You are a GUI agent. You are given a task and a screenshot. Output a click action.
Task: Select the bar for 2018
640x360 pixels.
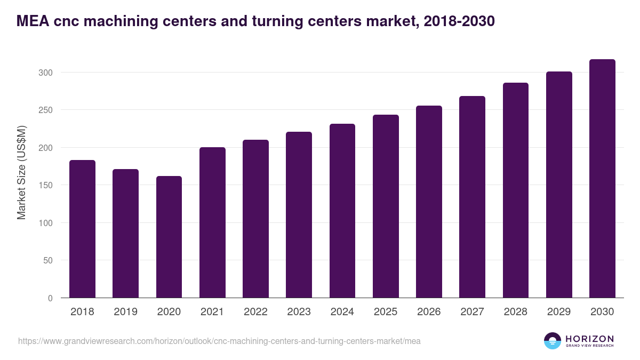click(x=82, y=229)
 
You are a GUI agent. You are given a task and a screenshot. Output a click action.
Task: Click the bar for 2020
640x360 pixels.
click(x=169, y=237)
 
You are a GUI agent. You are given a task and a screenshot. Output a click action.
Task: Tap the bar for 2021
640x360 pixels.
click(x=212, y=222)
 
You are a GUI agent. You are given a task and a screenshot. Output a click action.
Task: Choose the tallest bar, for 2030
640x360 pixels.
click(x=602, y=179)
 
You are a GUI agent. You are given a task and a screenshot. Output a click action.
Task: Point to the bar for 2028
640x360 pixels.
click(x=516, y=190)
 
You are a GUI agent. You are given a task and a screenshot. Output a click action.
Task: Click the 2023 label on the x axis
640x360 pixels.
click(x=299, y=312)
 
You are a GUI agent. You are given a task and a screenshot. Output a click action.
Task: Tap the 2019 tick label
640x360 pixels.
click(x=125, y=312)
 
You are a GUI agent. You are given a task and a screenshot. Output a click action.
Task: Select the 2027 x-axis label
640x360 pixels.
click(x=472, y=312)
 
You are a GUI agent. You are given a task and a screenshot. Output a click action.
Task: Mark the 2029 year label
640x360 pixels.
click(x=559, y=312)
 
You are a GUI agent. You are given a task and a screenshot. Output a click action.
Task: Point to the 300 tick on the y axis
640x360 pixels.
click(x=45, y=73)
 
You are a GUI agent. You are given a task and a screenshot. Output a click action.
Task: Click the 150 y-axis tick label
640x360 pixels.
click(x=45, y=185)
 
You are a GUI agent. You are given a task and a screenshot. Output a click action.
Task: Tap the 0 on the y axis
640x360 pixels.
click(x=50, y=298)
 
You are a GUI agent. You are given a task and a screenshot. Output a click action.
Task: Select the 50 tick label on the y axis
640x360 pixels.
click(x=47, y=260)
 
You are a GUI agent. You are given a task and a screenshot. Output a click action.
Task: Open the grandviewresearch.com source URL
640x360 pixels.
click(x=219, y=341)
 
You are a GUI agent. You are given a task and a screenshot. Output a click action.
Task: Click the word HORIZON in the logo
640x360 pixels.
click(x=589, y=338)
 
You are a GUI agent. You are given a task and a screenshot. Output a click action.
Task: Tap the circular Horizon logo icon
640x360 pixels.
click(x=553, y=341)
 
